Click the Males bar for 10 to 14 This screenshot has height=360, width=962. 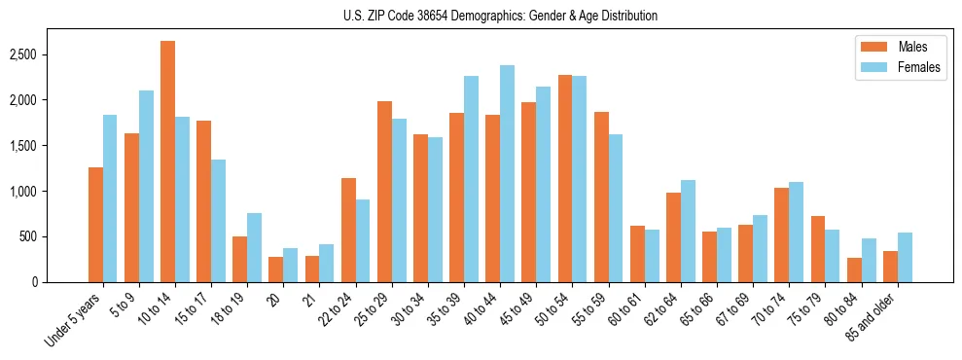point(168,162)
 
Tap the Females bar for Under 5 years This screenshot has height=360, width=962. point(110,198)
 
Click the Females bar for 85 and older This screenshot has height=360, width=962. point(905,257)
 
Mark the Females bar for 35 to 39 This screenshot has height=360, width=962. point(471,179)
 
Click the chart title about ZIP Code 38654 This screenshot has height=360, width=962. point(500,16)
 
